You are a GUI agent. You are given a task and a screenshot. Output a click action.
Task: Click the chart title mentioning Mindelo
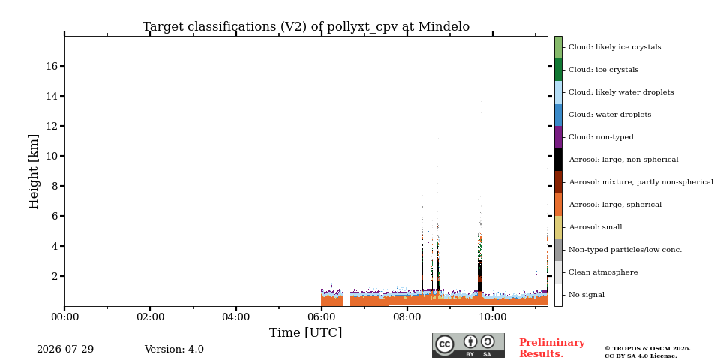click(306, 27)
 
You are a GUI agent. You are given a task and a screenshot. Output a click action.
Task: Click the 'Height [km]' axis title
click(34, 172)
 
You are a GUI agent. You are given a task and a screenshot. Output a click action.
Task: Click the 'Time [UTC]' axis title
click(306, 332)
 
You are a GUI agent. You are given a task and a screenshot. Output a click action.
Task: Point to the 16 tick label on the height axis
click(52, 66)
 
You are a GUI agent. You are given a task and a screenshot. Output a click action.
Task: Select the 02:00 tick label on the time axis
click(150, 317)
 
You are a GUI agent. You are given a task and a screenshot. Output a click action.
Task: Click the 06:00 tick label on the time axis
click(322, 317)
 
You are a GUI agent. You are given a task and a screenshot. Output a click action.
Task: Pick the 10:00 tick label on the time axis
click(493, 317)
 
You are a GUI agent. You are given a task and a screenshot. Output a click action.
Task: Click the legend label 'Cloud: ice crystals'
click(603, 70)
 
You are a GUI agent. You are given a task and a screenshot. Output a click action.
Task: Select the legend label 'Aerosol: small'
click(595, 227)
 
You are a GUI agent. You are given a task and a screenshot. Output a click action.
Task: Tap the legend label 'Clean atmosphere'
click(603, 272)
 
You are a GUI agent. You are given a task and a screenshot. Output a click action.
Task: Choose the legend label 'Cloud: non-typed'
click(601, 137)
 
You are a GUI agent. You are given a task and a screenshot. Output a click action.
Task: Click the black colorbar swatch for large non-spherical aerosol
click(558, 160)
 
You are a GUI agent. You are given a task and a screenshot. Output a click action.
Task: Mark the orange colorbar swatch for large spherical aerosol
click(558, 205)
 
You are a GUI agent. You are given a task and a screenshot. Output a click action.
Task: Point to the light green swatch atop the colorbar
click(558, 47)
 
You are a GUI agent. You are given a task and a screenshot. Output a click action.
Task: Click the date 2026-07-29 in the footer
click(65, 349)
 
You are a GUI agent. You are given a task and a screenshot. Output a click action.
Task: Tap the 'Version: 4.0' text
click(174, 349)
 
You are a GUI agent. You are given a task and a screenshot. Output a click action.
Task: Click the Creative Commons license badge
click(468, 345)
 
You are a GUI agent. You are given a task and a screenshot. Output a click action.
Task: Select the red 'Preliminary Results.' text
click(552, 348)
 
